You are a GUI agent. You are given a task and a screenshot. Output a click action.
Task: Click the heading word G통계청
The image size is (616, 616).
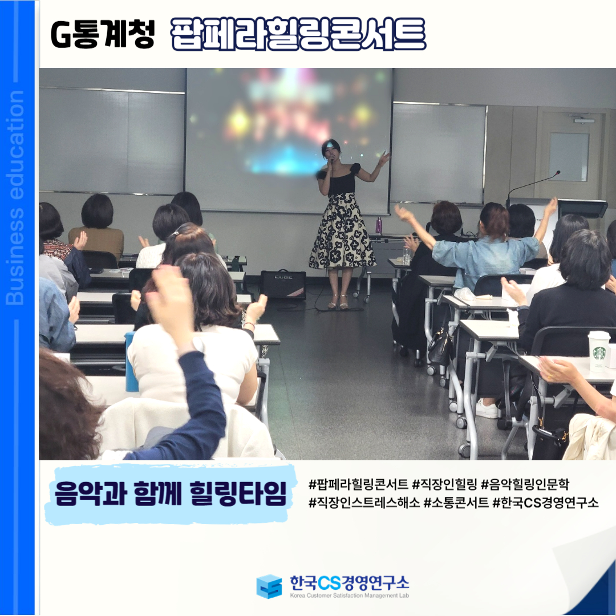(103, 34)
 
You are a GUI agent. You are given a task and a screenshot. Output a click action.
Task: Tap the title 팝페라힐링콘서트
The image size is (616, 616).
(298, 34)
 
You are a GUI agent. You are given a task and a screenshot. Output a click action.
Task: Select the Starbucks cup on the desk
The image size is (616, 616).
(598, 351)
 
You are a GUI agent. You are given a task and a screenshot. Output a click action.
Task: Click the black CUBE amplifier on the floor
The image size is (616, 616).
(283, 284)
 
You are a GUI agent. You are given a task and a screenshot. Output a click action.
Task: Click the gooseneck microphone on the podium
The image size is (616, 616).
(532, 187)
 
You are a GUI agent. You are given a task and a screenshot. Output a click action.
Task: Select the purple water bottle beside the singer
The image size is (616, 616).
(379, 225)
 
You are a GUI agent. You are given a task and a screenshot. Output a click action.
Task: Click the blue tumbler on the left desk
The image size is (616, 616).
(131, 362)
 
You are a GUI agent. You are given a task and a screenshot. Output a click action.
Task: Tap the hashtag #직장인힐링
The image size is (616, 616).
(444, 484)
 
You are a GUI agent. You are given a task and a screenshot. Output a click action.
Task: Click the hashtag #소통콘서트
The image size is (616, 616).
(456, 502)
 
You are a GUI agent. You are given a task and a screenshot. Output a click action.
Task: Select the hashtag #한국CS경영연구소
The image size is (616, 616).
(546, 502)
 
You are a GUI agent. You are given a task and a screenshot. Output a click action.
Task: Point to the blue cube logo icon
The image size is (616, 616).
(269, 586)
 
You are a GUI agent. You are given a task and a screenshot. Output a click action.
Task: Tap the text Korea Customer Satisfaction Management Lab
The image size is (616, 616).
(349, 595)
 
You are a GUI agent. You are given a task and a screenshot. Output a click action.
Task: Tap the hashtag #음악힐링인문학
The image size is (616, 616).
(525, 484)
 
